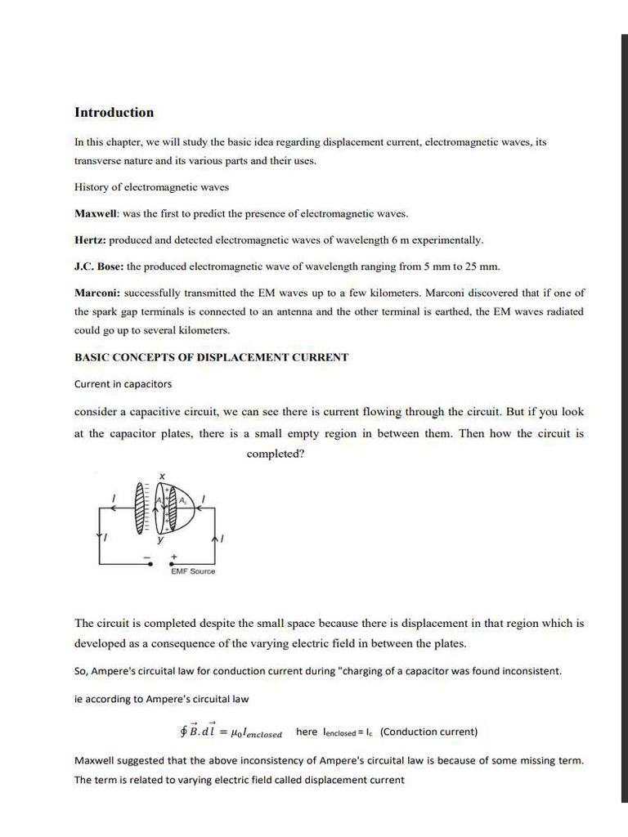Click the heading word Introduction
[x=114, y=113]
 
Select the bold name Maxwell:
[x=96, y=214]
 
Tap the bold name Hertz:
[x=90, y=240]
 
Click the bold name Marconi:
[x=97, y=293]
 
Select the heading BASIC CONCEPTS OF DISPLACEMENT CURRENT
[x=211, y=357]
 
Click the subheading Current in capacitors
[x=123, y=384]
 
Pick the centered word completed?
[x=276, y=454]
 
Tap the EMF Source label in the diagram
[x=193, y=571]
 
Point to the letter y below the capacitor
[x=160, y=540]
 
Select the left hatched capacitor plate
[x=139, y=508]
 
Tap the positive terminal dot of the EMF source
[x=173, y=563]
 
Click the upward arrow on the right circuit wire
[x=214, y=539]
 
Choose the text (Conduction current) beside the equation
[x=429, y=732]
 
